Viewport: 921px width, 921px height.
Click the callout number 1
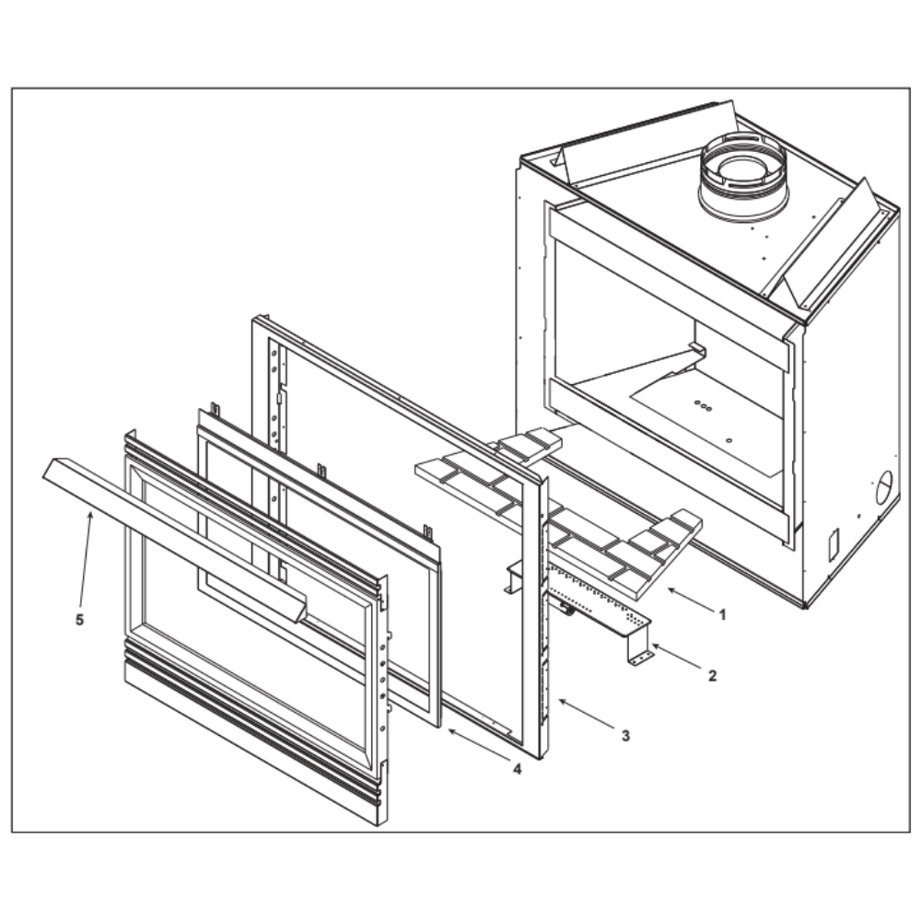[x=722, y=615]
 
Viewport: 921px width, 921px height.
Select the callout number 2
[x=713, y=676]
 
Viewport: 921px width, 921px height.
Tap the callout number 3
[x=625, y=735]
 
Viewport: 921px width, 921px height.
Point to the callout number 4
[x=517, y=769]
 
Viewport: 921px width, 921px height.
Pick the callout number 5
[x=80, y=620]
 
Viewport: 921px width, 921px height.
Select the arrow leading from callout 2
[x=676, y=656]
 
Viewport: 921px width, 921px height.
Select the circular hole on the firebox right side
[x=883, y=487]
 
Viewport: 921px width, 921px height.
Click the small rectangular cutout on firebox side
[x=833, y=544]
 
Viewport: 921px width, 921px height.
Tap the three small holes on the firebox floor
[x=703, y=405]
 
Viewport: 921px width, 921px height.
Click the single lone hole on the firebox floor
[x=729, y=440]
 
